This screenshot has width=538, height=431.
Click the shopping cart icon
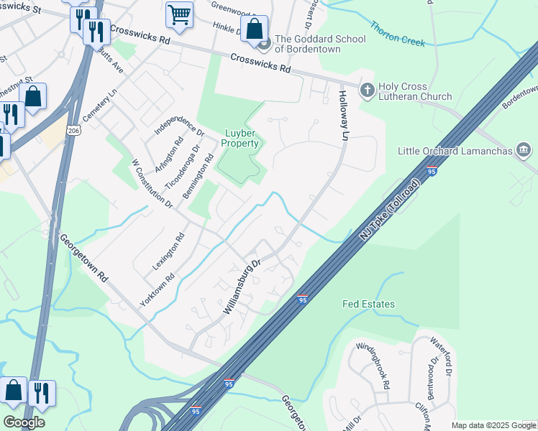point(179,14)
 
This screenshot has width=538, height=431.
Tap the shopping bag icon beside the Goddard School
point(254,29)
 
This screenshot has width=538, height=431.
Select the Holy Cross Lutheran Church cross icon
point(367,90)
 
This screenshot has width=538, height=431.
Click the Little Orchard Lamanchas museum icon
point(524,151)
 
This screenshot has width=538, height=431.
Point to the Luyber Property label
point(241,138)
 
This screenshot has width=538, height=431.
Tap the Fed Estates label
point(368,304)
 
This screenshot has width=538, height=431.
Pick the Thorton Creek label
point(398,34)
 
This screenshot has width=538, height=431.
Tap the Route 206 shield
point(73,131)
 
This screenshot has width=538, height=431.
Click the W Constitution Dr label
point(152,183)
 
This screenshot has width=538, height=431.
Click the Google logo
point(24,422)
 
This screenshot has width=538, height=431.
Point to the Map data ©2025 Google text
point(493,425)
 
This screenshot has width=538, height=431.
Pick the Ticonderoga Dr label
point(173,169)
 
